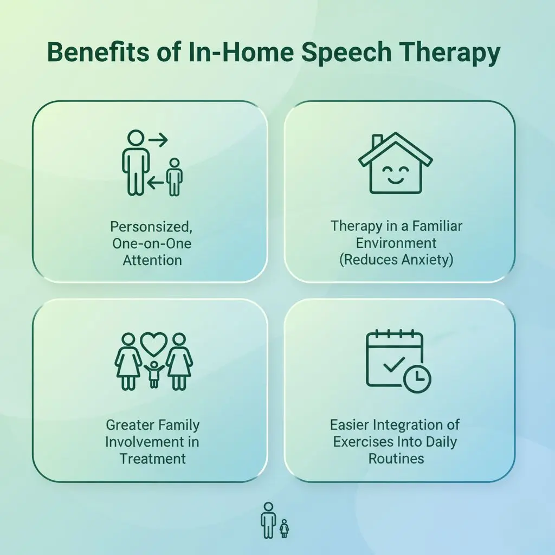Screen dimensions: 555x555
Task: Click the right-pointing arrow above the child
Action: tap(158, 140)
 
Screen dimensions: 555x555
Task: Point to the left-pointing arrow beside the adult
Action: tap(156, 184)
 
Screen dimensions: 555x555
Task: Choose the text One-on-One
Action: tap(152, 243)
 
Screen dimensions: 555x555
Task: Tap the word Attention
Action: tap(152, 260)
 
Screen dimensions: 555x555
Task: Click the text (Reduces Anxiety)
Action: tap(396, 260)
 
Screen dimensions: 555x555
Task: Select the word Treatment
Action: tap(152, 459)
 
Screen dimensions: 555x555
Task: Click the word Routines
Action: tap(396, 459)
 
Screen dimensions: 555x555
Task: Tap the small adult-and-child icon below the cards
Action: tap(274, 520)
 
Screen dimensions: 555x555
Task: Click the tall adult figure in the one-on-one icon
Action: tap(132, 163)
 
